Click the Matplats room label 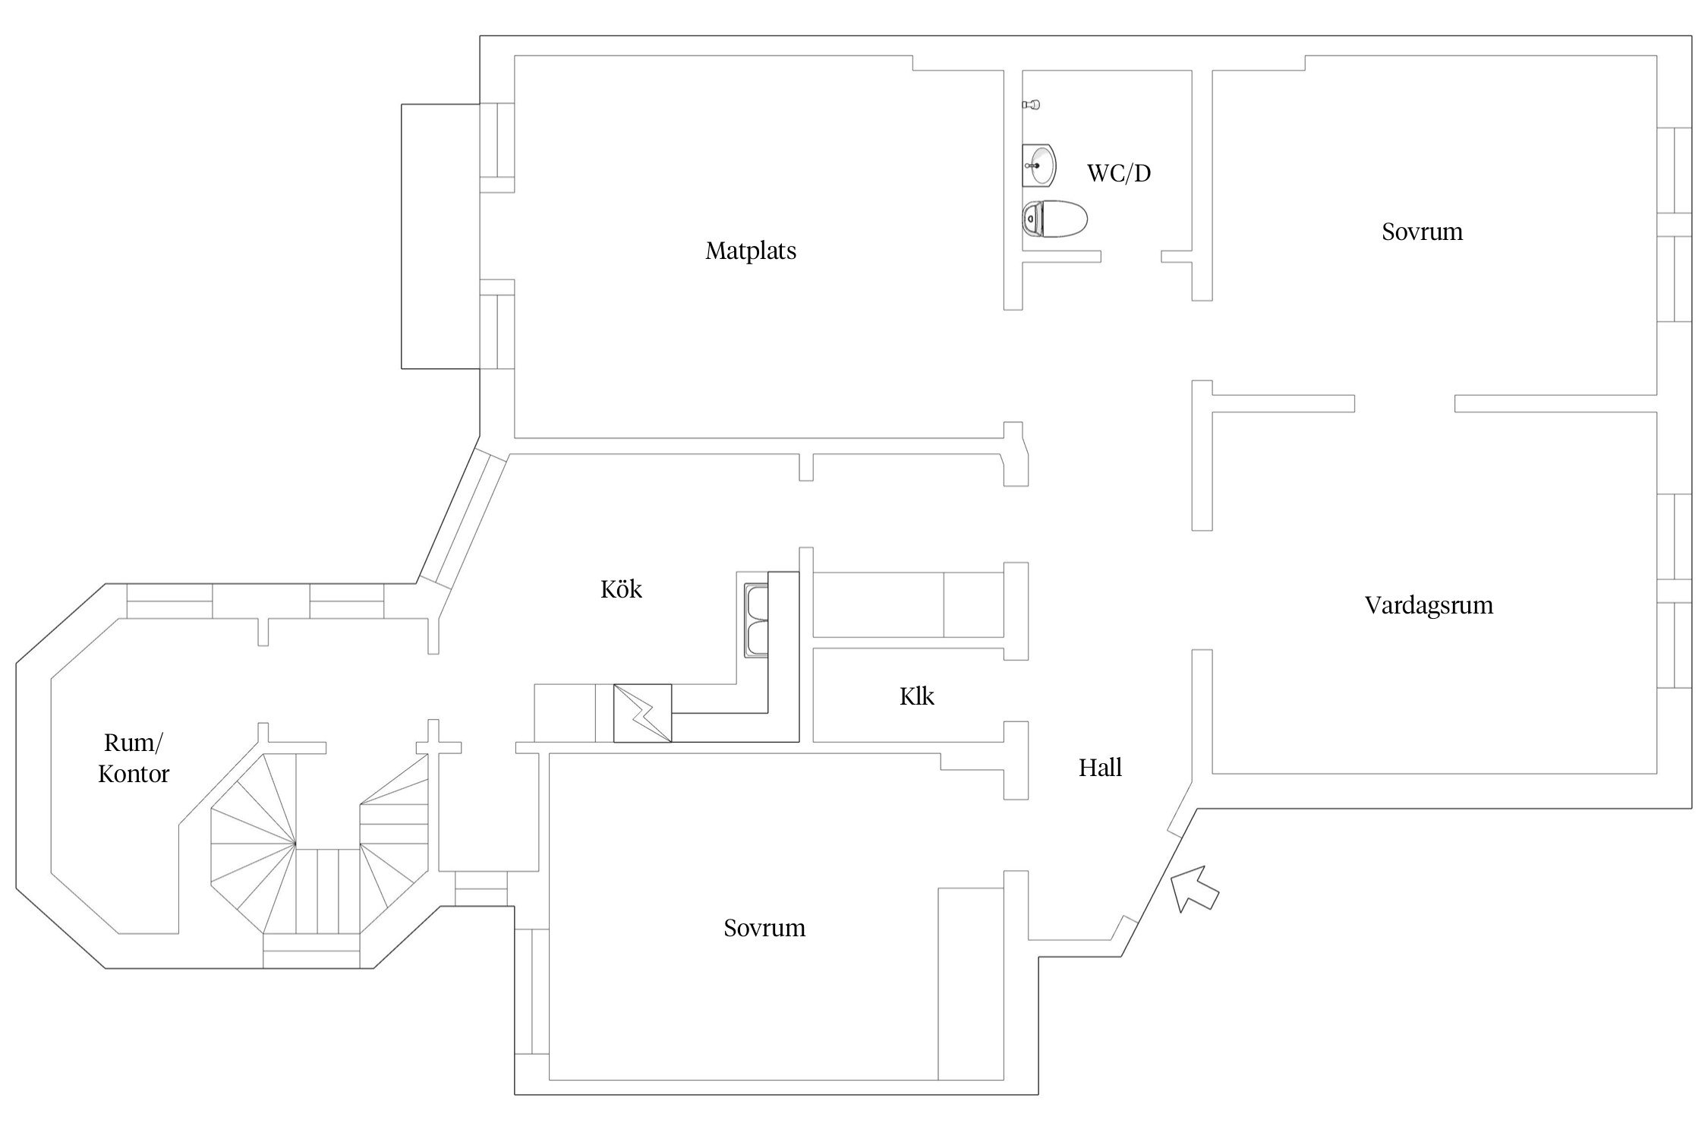tap(751, 251)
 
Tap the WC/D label tap(1119, 174)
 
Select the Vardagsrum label tap(1429, 605)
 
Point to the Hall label tap(1100, 768)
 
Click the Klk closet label tap(916, 696)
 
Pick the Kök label tap(621, 589)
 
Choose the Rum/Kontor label tap(134, 758)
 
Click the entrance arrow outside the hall tap(1194, 889)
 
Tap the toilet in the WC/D tap(1054, 219)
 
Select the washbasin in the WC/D tap(1038, 164)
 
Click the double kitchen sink tap(756, 620)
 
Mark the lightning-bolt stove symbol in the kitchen tap(642, 713)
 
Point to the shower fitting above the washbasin tap(1031, 104)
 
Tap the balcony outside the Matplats tap(440, 236)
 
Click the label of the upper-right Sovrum tap(1422, 232)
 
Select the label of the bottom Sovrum tap(764, 928)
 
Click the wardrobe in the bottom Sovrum tap(971, 983)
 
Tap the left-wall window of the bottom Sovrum tap(531, 991)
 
